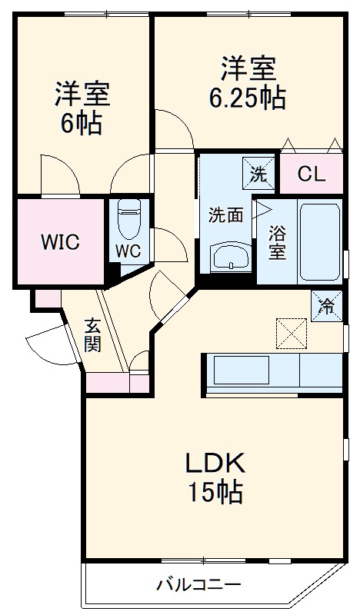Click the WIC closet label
(x=60, y=243)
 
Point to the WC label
(x=128, y=251)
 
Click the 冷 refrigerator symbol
(x=326, y=306)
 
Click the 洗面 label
(x=226, y=216)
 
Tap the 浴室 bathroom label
(x=278, y=241)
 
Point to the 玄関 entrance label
(x=92, y=334)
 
